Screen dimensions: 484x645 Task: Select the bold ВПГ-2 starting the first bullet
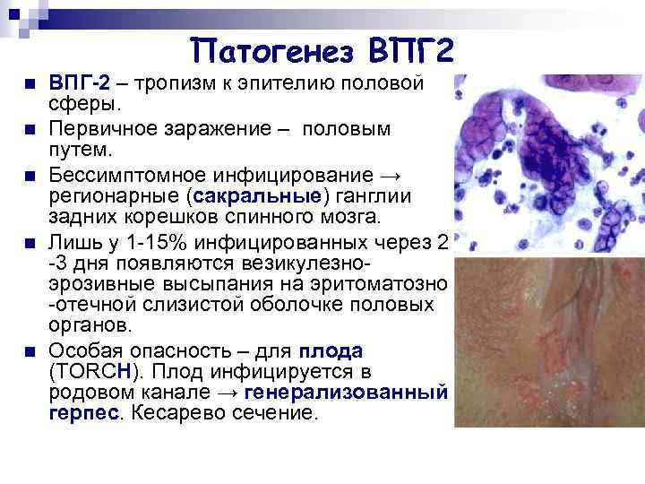pyautogui.click(x=79, y=83)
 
